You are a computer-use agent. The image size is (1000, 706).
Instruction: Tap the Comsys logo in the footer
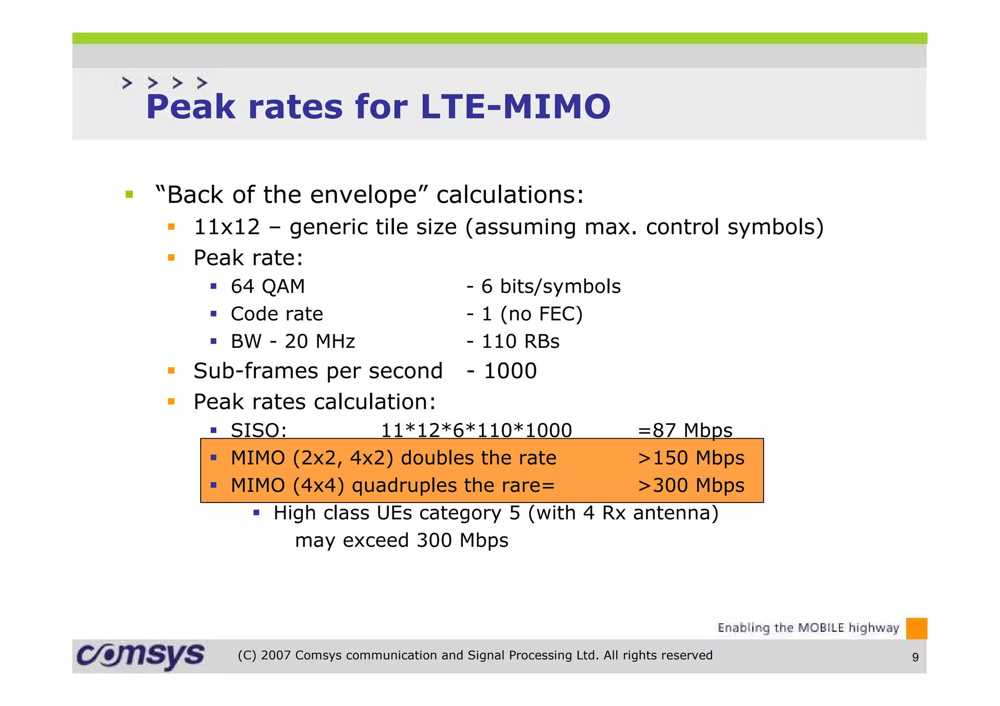click(141, 655)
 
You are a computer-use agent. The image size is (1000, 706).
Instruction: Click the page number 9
click(915, 657)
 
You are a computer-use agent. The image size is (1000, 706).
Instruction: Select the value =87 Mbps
click(685, 430)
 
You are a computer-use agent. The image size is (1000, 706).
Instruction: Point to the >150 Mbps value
click(691, 458)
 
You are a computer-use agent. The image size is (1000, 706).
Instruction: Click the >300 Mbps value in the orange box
click(691, 485)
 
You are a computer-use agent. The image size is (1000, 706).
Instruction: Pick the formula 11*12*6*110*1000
click(476, 430)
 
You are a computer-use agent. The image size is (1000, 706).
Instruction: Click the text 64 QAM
click(268, 286)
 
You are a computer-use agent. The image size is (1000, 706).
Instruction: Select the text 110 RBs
click(521, 342)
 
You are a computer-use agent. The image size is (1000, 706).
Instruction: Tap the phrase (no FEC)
click(542, 314)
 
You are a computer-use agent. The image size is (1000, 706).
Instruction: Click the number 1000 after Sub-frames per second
click(510, 371)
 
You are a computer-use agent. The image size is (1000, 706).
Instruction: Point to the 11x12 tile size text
click(227, 227)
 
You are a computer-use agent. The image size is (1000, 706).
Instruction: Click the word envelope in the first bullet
click(364, 195)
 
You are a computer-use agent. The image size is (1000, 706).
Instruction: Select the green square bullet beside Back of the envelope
click(129, 195)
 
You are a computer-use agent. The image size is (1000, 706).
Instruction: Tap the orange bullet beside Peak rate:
click(171, 257)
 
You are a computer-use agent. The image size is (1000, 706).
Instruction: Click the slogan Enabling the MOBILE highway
click(808, 628)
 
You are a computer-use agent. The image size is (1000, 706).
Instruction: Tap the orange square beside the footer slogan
click(917, 628)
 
